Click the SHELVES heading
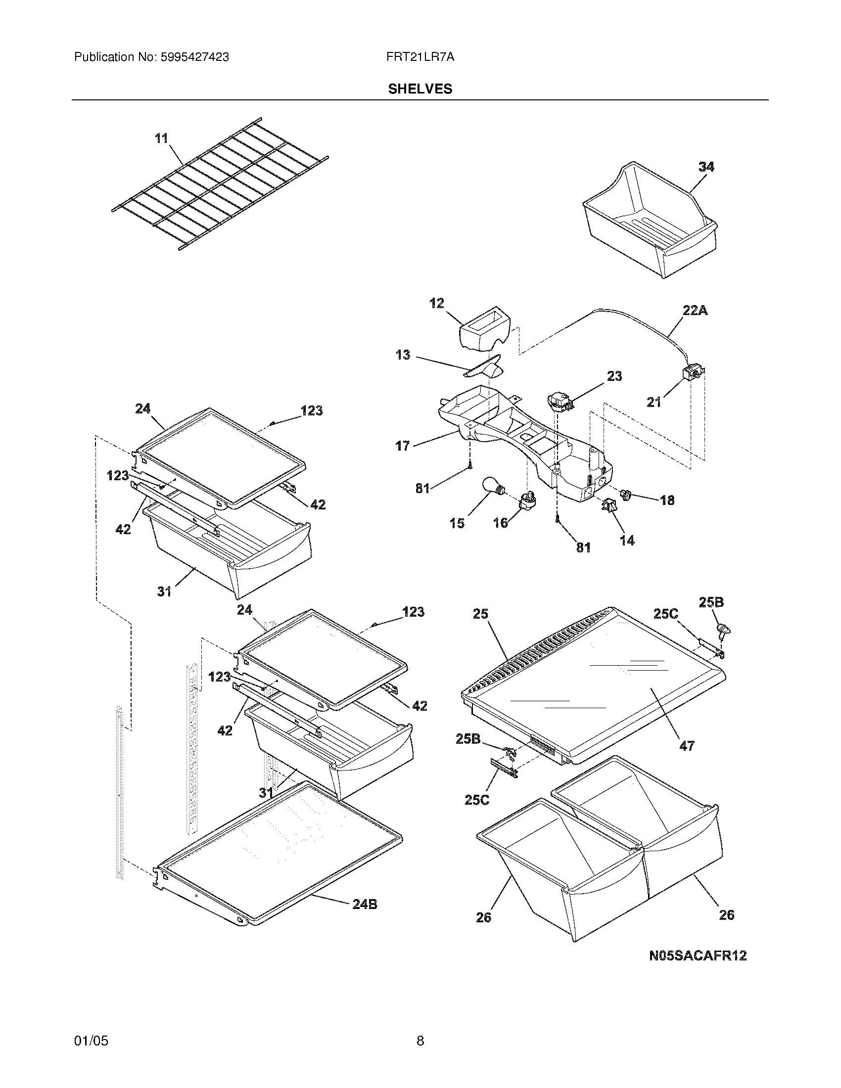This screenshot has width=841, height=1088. (x=420, y=89)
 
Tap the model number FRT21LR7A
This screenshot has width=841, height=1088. (x=420, y=57)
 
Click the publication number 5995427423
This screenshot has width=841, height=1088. (x=194, y=57)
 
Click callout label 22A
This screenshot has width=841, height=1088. (x=695, y=311)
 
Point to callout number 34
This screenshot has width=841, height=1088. (x=706, y=167)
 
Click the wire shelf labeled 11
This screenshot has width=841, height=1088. (x=219, y=184)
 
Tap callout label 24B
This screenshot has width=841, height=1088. (x=365, y=904)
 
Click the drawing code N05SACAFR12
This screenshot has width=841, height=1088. (x=698, y=955)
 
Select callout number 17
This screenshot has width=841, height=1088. (x=403, y=446)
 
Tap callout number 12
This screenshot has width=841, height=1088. (x=437, y=303)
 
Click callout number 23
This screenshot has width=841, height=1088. (x=614, y=376)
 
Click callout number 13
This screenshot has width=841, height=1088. (x=403, y=355)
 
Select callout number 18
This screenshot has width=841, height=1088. (x=667, y=500)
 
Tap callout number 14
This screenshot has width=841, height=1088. (x=627, y=540)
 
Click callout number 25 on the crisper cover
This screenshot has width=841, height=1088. (x=480, y=614)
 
